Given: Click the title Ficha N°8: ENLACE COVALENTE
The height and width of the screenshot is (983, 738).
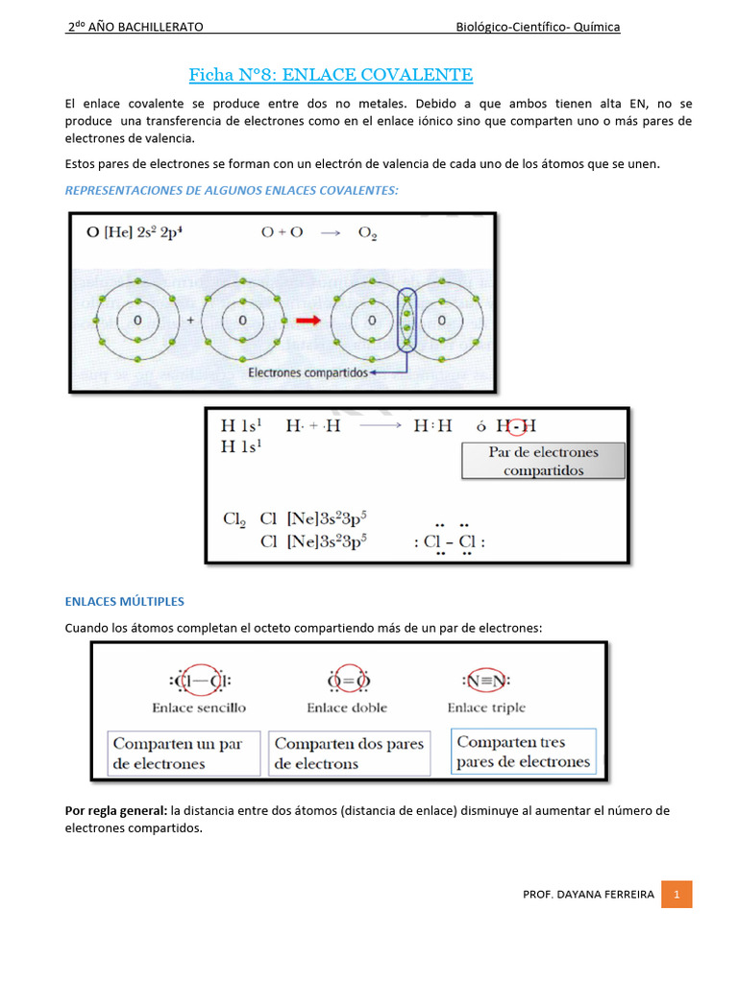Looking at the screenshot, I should pos(331,74).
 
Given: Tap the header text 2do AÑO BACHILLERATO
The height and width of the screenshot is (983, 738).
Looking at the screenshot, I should pos(134,27).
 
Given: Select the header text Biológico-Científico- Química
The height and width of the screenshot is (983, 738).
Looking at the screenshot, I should pos(537,27).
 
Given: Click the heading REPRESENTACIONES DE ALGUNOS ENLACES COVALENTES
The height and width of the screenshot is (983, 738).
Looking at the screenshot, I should pos(231,190).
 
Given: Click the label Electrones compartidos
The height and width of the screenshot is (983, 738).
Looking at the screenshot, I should pos(307,372).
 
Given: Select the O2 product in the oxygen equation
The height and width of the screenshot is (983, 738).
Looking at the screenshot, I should pos(368,232).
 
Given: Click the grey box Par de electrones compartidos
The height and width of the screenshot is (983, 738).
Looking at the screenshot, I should pos(543,461).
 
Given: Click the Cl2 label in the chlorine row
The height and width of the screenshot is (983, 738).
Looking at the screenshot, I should pos(234,518).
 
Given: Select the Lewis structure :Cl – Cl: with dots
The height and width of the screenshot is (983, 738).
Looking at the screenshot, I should pos(450,541).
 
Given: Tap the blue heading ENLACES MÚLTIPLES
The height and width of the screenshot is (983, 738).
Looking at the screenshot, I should pos(124,601).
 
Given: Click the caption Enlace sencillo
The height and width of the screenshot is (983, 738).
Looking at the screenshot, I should pos(199,707).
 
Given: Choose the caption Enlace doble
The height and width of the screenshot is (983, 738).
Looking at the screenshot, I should pos(347,707).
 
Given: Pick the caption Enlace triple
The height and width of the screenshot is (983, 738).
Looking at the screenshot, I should pos(486,707).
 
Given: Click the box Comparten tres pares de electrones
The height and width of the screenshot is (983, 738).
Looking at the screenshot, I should pos(524,753).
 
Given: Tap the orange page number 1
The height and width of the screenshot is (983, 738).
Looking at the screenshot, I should pos(676,894).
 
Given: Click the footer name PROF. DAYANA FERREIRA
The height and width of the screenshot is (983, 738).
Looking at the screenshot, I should pos(588,894).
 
